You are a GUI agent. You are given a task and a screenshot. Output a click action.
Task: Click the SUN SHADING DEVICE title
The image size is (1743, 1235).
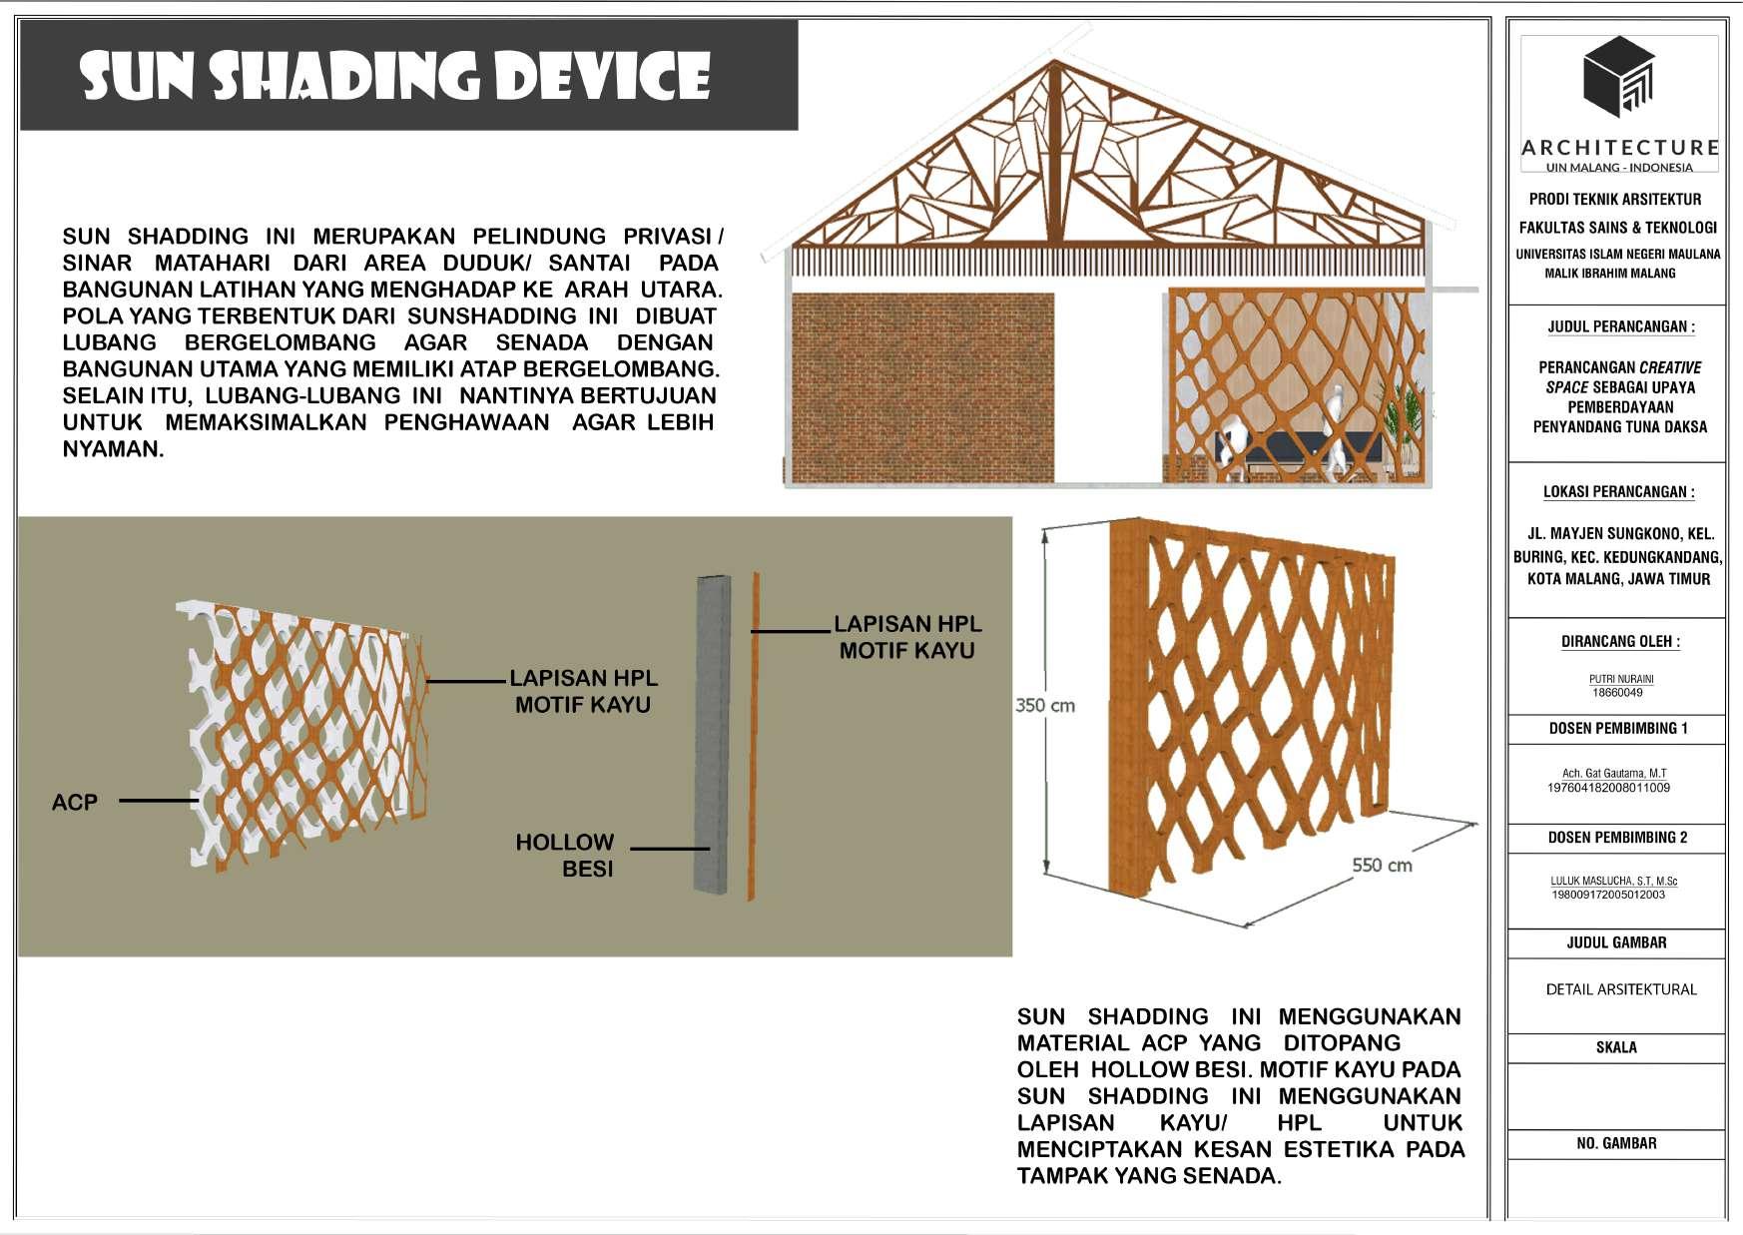tap(395, 75)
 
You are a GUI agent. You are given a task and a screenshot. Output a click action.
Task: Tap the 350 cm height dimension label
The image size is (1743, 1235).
tap(1044, 706)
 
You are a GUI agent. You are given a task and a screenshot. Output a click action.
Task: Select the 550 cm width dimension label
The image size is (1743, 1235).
tap(1382, 866)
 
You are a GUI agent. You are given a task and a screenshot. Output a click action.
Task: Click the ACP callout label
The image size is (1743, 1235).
tap(75, 802)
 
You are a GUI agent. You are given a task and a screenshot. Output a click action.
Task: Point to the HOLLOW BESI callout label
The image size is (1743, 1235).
tap(565, 855)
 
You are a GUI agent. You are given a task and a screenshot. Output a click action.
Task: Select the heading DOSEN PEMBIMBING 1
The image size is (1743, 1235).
tap(1617, 729)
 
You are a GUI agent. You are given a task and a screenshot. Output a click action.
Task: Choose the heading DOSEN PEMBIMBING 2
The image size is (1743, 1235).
tap(1617, 838)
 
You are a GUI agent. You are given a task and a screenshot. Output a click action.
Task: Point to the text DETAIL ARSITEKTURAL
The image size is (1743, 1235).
tap(1620, 989)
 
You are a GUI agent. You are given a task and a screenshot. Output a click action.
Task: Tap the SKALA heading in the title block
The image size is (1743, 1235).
tap(1616, 1047)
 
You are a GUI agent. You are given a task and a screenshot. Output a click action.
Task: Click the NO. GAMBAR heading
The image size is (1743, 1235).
tap(1616, 1143)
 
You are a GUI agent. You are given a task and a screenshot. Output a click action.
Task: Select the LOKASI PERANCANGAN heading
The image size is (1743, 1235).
tap(1618, 492)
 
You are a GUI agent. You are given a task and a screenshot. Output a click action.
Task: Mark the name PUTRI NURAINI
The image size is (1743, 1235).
tap(1621, 679)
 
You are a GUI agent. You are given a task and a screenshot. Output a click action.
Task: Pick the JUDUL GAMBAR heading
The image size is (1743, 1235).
tap(1616, 942)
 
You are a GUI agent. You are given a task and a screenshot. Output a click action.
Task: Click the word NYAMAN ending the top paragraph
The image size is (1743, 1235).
tap(112, 449)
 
